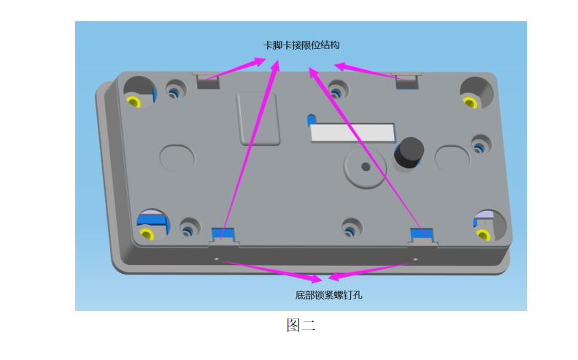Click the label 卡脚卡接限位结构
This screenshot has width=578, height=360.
(301, 45)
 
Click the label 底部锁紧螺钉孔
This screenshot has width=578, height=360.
(328, 295)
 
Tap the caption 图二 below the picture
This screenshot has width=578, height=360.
(301, 326)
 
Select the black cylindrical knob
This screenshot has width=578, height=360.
(409, 153)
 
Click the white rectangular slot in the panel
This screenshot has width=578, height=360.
(352, 133)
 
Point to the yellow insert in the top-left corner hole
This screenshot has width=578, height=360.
(134, 102)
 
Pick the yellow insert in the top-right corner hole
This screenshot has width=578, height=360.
(470, 102)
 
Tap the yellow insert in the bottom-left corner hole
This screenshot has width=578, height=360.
(147, 234)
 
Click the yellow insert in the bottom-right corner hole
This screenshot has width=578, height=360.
(483, 234)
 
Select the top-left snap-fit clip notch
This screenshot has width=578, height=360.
(207, 80)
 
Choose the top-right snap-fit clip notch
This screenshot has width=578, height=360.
(407, 81)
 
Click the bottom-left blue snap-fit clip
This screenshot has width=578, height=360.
(223, 234)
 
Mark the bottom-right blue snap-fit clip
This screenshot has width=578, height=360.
(422, 234)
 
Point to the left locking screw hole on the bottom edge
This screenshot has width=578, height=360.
(216, 259)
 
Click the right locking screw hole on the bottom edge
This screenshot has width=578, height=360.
(415, 259)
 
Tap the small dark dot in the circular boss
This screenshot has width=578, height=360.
(366, 166)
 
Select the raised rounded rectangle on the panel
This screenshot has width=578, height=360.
(258, 119)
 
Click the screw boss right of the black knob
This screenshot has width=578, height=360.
(481, 145)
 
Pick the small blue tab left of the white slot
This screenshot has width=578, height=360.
(312, 120)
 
